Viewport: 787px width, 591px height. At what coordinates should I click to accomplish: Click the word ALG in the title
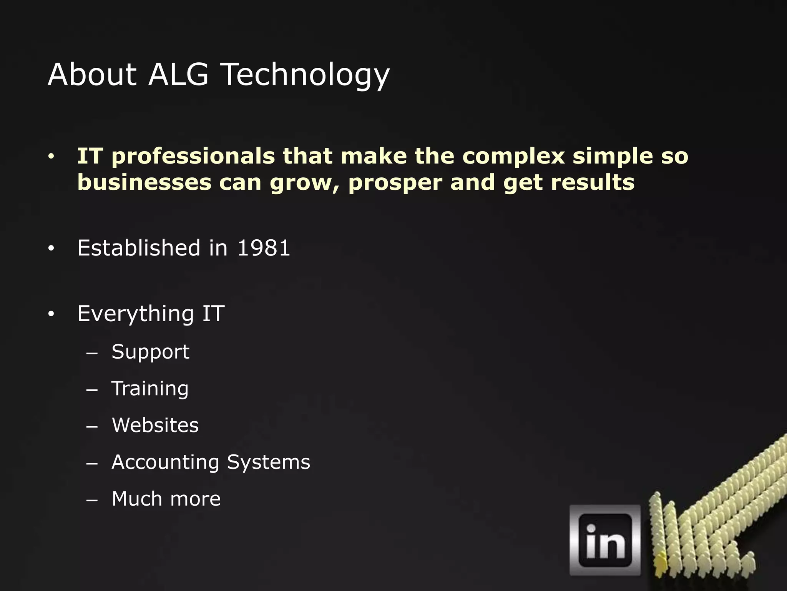(x=178, y=74)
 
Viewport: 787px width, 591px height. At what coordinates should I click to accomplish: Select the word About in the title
(x=92, y=74)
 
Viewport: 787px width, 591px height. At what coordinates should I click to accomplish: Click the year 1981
(x=264, y=248)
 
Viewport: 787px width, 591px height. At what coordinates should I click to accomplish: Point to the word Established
(x=139, y=248)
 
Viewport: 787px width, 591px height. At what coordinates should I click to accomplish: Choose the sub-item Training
(x=150, y=389)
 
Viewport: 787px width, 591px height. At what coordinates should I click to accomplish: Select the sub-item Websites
(x=155, y=425)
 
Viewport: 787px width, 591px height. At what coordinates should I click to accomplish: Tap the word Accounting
(x=165, y=462)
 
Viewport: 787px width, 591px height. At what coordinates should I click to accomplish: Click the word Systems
(x=268, y=462)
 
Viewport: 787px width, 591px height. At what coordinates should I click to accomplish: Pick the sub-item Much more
(x=166, y=499)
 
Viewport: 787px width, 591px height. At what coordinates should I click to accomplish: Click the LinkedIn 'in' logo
(x=605, y=540)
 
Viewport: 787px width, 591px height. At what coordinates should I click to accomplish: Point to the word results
(x=593, y=182)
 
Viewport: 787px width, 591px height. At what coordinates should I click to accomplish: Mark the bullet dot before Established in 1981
(x=51, y=249)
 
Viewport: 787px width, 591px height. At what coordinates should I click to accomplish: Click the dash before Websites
(x=92, y=426)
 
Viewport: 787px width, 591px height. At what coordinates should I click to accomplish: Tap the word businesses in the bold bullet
(x=144, y=182)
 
